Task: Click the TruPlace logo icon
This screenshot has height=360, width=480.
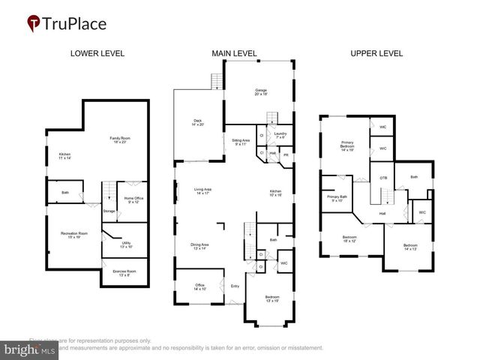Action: click(x=34, y=23)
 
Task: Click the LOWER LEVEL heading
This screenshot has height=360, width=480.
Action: click(x=97, y=53)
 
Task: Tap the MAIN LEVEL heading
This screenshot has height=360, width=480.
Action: click(x=234, y=53)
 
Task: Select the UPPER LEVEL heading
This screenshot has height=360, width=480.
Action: click(x=376, y=53)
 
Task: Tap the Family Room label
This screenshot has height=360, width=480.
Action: click(x=119, y=140)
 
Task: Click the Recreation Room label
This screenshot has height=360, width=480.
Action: click(x=74, y=235)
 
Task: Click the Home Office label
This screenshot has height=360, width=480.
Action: click(x=133, y=199)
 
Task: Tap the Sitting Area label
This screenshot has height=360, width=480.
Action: click(x=241, y=142)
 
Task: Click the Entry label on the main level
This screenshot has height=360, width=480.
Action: click(x=235, y=285)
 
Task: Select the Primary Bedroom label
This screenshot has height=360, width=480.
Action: click(x=347, y=146)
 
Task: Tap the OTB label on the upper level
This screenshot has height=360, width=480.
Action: click(x=383, y=178)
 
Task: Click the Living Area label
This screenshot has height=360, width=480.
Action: click(x=202, y=191)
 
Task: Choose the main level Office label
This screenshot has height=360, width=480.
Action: click(x=199, y=286)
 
